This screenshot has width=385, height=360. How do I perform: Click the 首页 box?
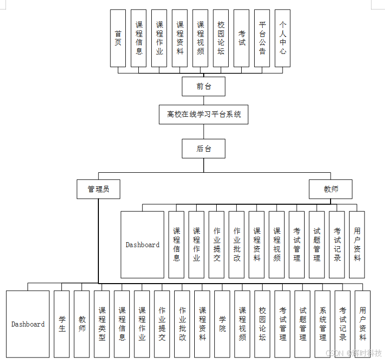click(x=118, y=38)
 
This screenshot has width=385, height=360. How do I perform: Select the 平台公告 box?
click(x=262, y=38)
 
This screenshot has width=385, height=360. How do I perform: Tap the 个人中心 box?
click(x=283, y=38)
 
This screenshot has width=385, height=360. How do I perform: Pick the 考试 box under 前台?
click(x=242, y=38)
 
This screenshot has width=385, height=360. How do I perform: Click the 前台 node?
click(x=203, y=86)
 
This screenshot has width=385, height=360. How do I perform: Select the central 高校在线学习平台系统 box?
click(x=204, y=114)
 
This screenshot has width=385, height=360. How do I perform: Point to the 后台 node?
click(x=203, y=148)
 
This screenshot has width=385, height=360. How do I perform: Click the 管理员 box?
click(x=98, y=189)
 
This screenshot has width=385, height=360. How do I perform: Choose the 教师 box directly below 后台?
click(x=331, y=189)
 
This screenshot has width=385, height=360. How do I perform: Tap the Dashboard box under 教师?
click(x=142, y=245)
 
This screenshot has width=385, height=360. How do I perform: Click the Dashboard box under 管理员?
click(x=28, y=324)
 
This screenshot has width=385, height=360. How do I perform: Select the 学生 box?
click(x=62, y=324)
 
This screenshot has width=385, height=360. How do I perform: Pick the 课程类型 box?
click(x=102, y=324)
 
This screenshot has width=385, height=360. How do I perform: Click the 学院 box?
click(x=222, y=324)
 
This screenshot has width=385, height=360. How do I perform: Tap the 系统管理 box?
click(x=323, y=324)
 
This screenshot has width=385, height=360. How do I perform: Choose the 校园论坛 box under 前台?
click(x=221, y=38)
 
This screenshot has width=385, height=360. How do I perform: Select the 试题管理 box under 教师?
click(x=317, y=245)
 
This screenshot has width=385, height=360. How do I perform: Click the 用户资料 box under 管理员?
click(x=363, y=324)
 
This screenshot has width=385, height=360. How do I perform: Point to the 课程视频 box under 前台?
click(x=200, y=38)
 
